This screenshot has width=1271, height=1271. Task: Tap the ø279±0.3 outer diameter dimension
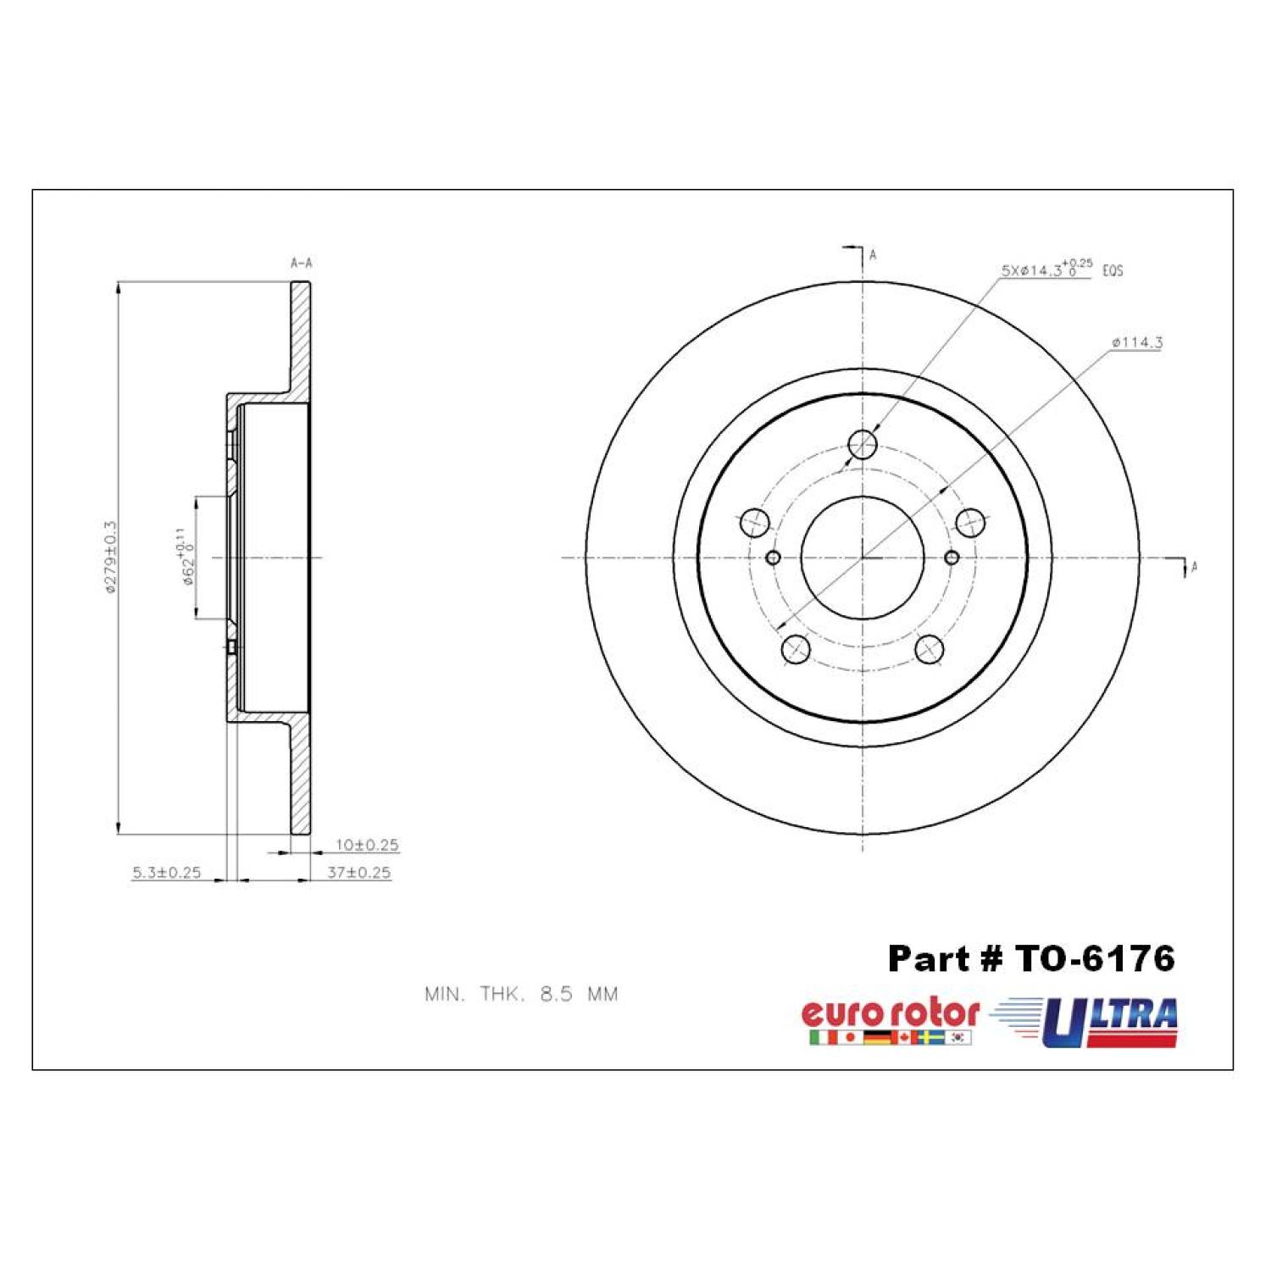(x=110, y=557)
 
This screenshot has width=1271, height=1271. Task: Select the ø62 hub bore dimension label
(x=186, y=557)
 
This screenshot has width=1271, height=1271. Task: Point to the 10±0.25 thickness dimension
(x=367, y=845)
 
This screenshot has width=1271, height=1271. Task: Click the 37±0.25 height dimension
(x=359, y=872)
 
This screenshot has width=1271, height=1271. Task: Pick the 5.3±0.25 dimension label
(x=167, y=872)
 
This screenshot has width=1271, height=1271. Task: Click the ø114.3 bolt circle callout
(x=1137, y=343)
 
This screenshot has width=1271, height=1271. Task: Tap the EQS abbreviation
(x=1113, y=271)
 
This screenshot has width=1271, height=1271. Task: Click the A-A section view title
(x=302, y=264)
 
